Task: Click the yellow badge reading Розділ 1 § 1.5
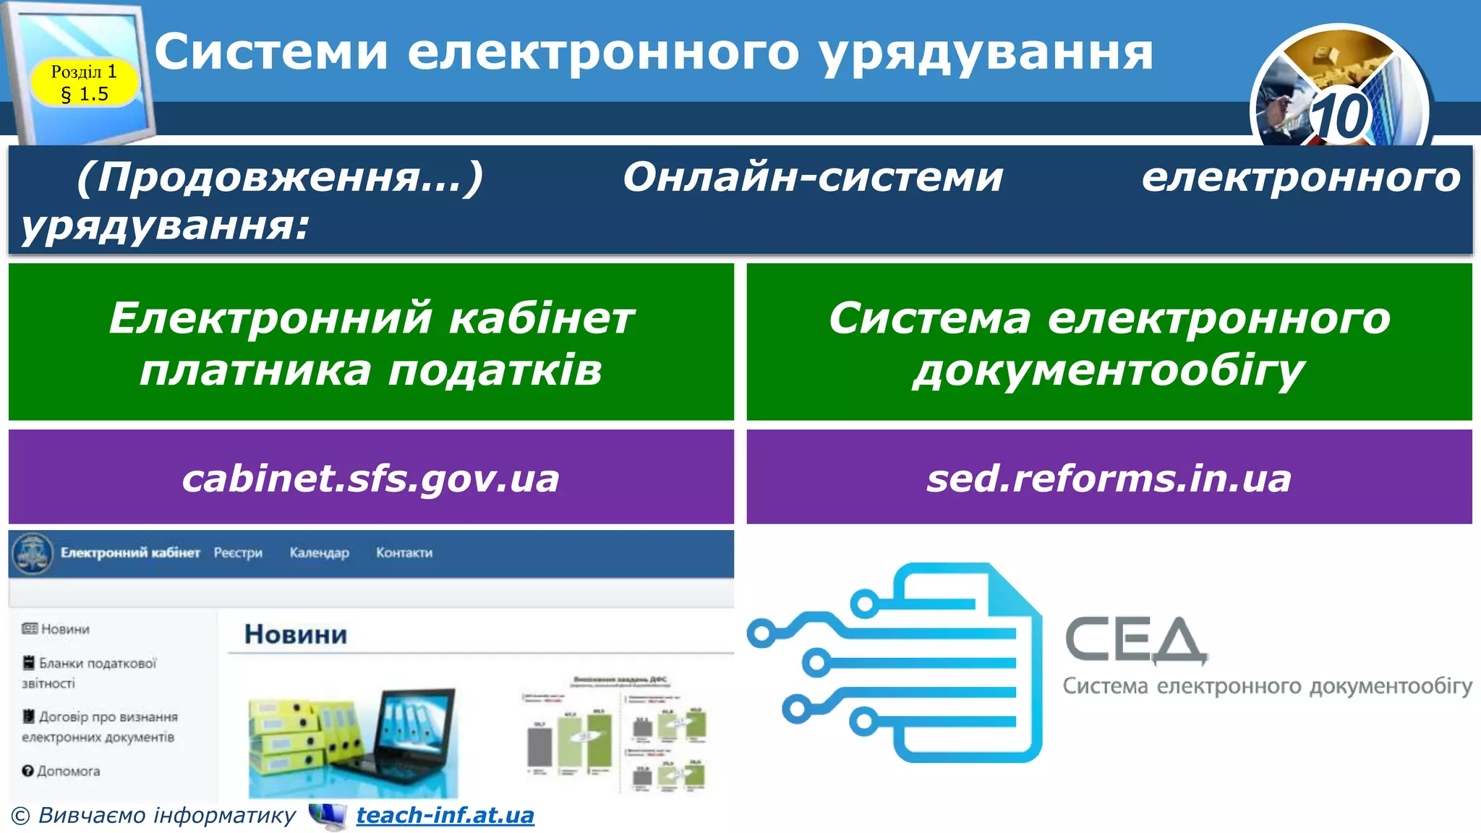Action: [x=84, y=82]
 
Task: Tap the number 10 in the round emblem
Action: [x=1339, y=116]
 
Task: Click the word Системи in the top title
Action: [x=271, y=52]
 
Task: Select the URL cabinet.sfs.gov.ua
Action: [x=370, y=478]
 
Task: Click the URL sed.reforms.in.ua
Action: [x=1109, y=478]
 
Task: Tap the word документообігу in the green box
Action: [x=1109, y=371]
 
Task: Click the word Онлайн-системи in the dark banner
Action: [x=813, y=176]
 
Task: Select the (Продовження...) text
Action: [x=280, y=176]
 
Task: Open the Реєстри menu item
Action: [x=238, y=552]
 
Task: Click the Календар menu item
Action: [x=319, y=552]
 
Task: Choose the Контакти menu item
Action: [x=404, y=552]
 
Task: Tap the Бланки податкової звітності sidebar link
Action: [x=90, y=672]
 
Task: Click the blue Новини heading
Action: [x=296, y=634]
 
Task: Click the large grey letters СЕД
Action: [x=1135, y=640]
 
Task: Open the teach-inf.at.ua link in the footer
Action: [x=445, y=815]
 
